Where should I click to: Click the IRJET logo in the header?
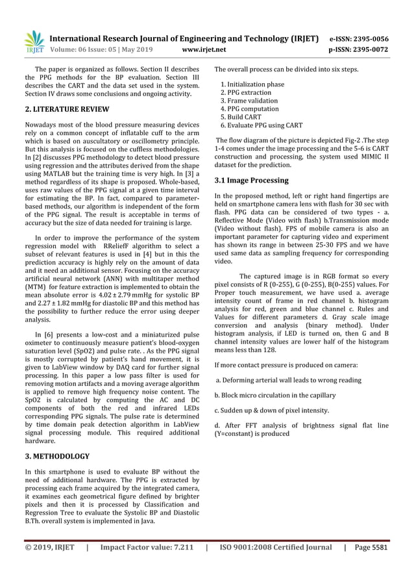point(33,42)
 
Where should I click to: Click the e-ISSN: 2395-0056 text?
point(366,38)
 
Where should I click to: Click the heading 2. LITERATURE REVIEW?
point(67,108)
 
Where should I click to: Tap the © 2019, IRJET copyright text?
point(49,547)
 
